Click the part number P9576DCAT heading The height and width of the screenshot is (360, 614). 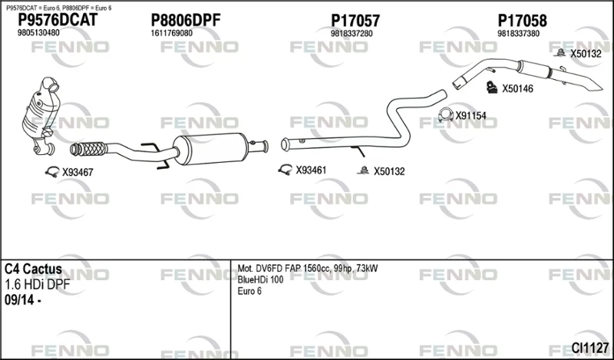[58, 21]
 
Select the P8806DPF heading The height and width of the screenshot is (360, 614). [186, 21]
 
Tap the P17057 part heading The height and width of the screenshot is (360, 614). [355, 21]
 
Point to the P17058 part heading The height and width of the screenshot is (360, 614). [522, 21]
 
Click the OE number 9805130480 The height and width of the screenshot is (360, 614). [38, 33]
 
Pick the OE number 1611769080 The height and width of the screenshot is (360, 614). [171, 33]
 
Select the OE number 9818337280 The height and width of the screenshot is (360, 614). [352, 34]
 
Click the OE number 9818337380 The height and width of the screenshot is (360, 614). [519, 34]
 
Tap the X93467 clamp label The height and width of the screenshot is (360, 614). [78, 173]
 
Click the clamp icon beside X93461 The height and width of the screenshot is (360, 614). [285, 170]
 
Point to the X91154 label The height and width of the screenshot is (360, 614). [470, 116]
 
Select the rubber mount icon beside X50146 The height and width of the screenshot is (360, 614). [492, 88]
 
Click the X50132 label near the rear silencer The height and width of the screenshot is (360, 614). [586, 54]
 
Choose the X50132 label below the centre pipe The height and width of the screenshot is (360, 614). [389, 172]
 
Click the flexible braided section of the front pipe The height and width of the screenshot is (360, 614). [89, 149]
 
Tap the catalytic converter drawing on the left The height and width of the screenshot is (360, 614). [41, 116]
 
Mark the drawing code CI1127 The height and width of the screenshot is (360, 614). [590, 348]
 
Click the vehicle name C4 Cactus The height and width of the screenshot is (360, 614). [33, 269]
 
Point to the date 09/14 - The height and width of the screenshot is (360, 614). [23, 301]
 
